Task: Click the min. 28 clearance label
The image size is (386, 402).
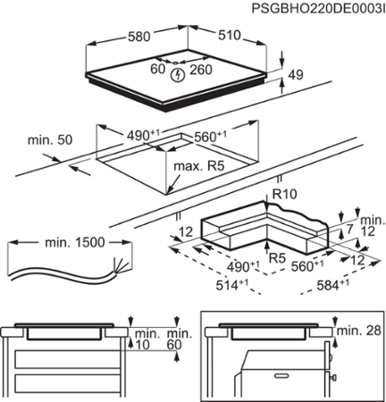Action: click(x=360, y=331)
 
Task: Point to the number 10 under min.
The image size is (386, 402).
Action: click(x=142, y=345)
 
